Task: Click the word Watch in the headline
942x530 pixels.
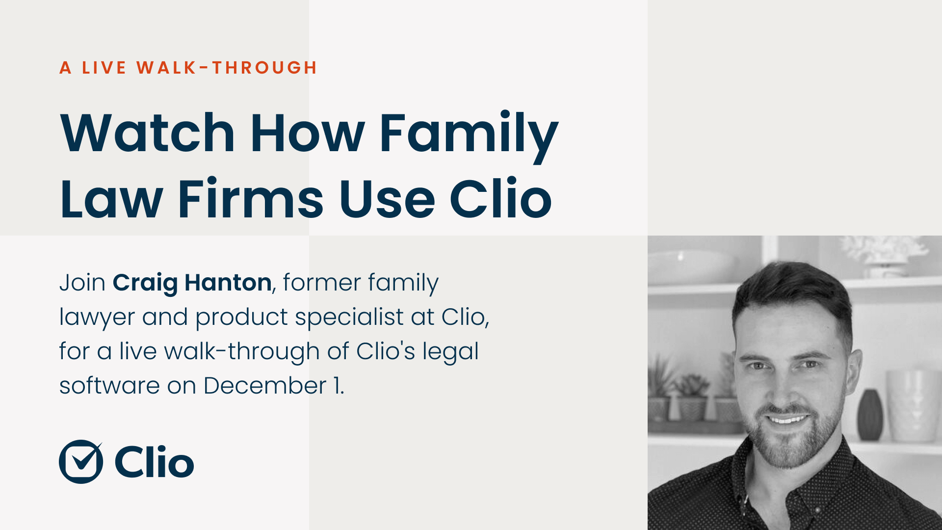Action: point(147,133)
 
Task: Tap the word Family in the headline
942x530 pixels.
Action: point(469,133)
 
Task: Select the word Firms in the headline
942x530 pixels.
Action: point(250,199)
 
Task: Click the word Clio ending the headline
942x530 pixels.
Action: point(500,199)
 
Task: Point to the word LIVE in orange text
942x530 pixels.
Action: point(105,68)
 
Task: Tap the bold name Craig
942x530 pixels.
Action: point(145,283)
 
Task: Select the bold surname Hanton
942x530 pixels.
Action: point(228,283)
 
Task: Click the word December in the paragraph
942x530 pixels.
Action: point(265,386)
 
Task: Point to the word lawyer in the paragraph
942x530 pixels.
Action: point(97,318)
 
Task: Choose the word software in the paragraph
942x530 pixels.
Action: point(109,386)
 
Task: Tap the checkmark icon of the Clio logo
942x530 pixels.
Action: point(81,462)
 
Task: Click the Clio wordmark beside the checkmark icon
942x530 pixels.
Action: point(154,462)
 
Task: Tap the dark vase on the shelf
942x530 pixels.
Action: point(870,415)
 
